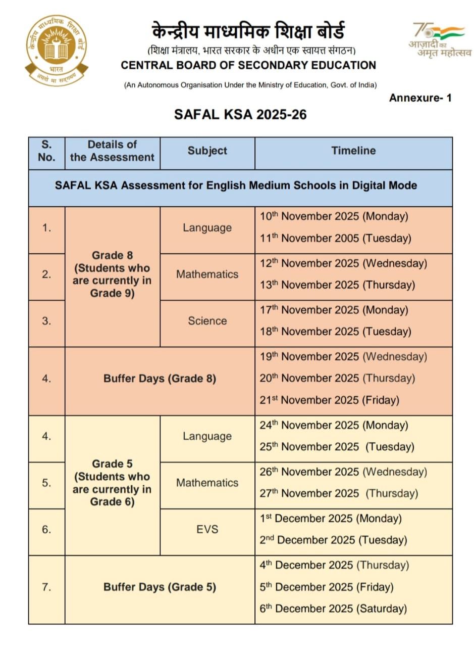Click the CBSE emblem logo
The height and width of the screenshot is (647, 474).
pos(56,50)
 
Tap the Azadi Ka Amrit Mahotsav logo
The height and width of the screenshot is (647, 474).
pos(440,40)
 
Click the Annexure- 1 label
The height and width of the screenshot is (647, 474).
pos(420,98)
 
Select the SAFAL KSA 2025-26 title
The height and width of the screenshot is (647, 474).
pos(240,114)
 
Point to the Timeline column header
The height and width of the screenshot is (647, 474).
pos(353,151)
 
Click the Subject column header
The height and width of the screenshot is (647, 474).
pos(207,151)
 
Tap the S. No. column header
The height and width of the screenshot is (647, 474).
pos(46,151)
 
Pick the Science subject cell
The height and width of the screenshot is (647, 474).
pos(207,321)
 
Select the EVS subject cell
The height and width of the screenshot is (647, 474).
pos(207,529)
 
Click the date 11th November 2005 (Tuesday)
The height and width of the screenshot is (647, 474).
pos(335,238)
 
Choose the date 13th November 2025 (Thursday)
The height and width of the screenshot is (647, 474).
pos(337,285)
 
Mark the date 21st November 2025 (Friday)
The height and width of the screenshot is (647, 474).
pos(329,400)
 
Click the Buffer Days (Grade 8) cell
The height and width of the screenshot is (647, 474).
pos(160,379)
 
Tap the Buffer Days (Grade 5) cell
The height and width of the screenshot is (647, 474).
pos(160,587)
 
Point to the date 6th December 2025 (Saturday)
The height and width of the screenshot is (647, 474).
pos(333,609)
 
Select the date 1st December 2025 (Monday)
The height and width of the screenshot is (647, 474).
pos(331,519)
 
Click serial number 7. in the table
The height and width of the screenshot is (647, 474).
pos(46,587)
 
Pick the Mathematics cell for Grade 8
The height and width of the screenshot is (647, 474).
pos(207,274)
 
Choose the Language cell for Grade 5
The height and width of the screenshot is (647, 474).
pos(207,436)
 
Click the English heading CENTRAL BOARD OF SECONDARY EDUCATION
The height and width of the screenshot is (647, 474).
pos(248,65)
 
